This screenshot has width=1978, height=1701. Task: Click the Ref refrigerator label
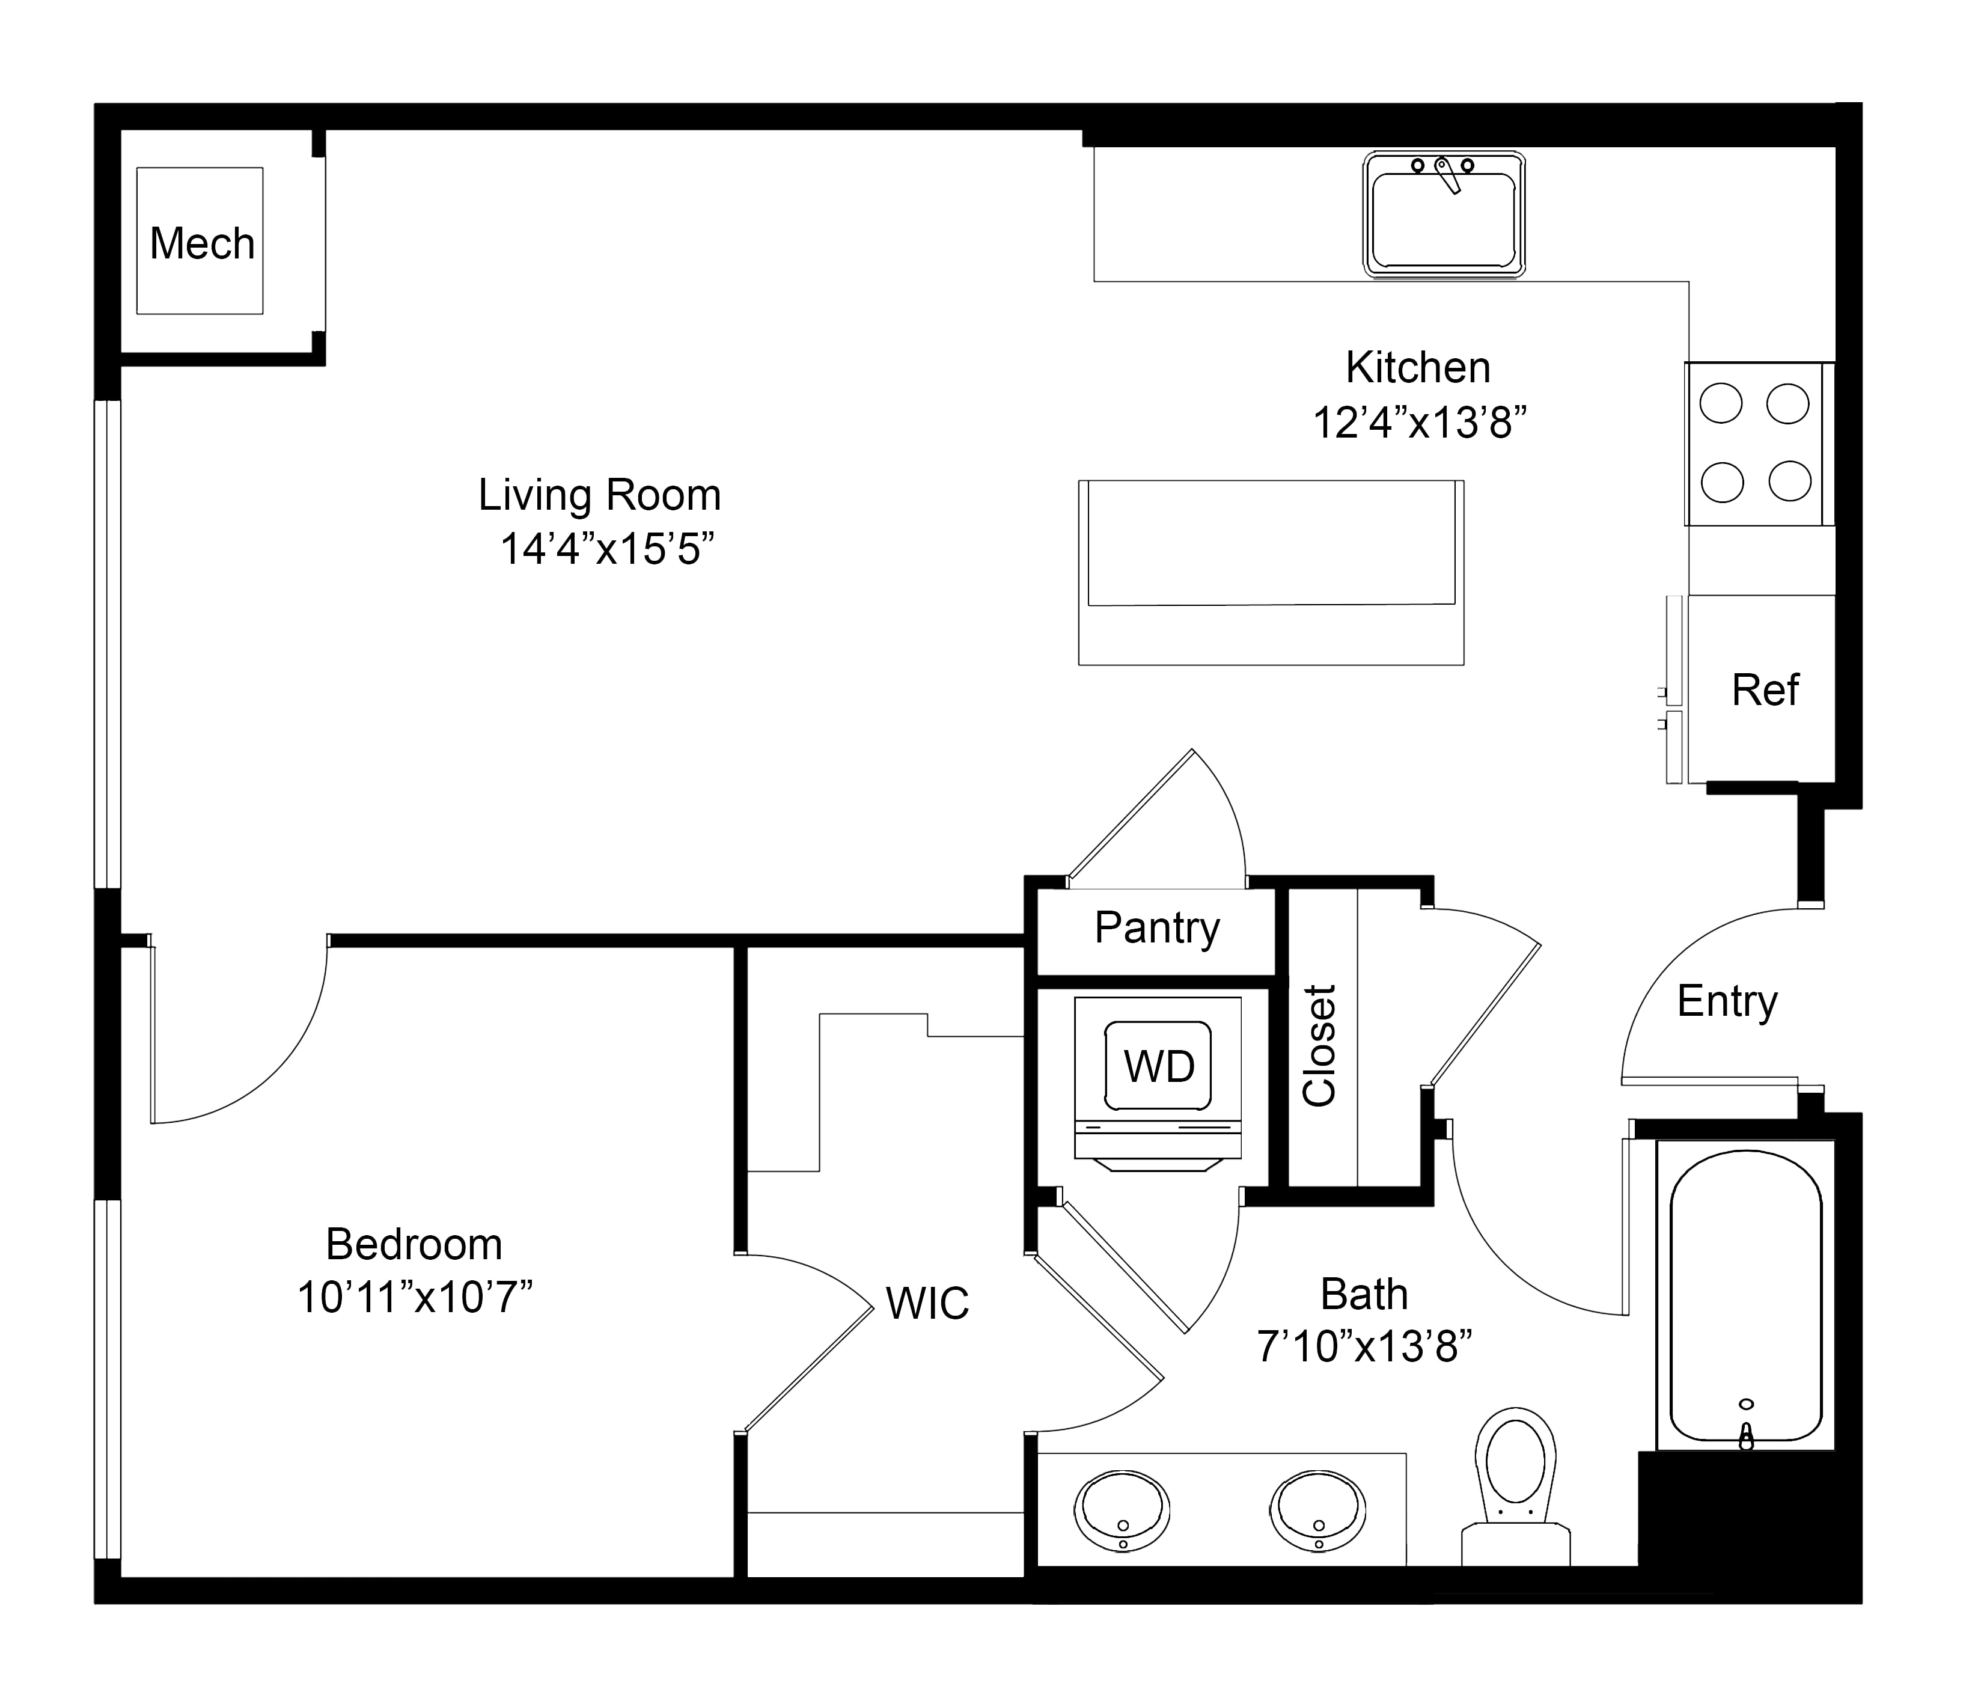coord(1765,690)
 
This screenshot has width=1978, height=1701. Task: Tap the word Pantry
coord(1157,928)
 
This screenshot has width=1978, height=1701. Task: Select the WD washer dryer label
coord(1159,1066)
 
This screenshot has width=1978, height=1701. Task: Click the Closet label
coord(1319,1046)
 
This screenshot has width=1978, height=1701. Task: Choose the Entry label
coord(1728,1003)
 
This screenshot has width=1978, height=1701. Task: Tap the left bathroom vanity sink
coord(1123,1511)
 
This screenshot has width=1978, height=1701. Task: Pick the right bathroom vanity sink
coord(1317,1511)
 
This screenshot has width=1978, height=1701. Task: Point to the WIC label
coord(927,1304)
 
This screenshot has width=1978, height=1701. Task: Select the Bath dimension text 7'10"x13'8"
coord(1364,1347)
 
